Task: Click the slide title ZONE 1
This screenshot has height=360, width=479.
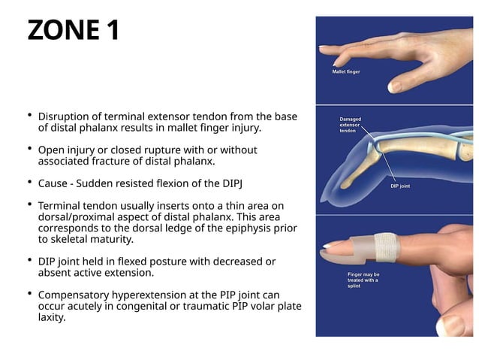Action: click(73, 31)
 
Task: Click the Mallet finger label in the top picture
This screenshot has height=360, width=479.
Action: click(346, 72)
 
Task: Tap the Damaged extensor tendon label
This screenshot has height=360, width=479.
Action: click(352, 125)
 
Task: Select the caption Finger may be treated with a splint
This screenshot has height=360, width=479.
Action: click(363, 280)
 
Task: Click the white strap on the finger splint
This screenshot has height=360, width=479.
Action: click(386, 246)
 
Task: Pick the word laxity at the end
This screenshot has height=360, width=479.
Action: click(53, 317)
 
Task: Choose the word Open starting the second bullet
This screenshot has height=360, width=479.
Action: click(51, 150)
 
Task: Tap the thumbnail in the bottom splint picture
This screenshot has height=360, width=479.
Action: click(450, 325)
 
